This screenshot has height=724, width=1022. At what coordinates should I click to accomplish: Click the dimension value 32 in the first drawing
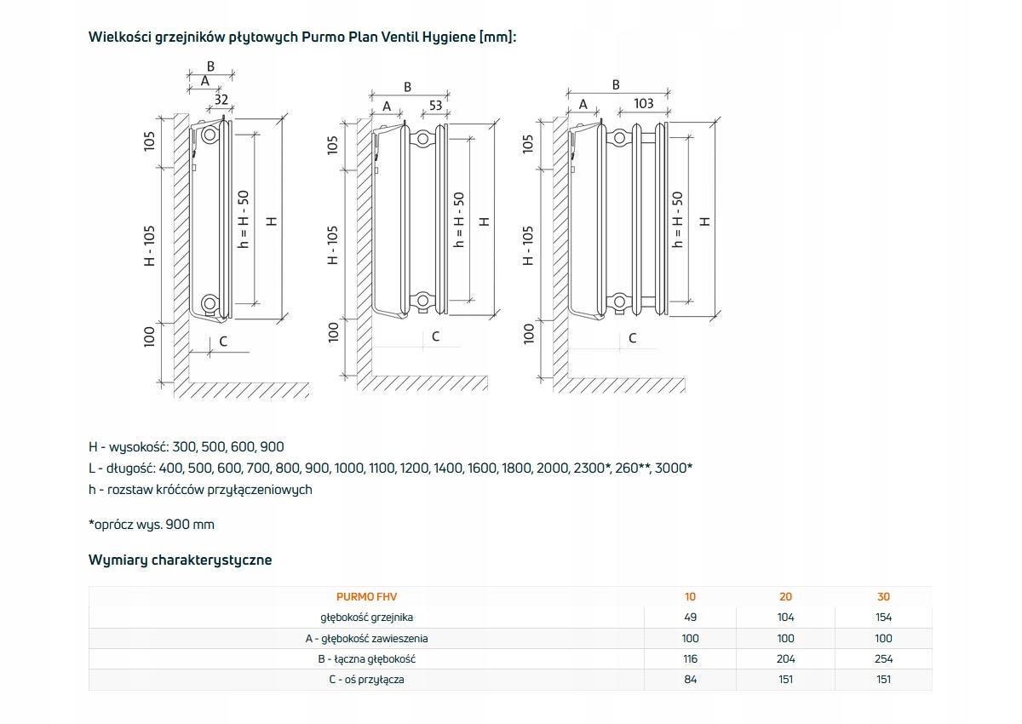tap(221, 100)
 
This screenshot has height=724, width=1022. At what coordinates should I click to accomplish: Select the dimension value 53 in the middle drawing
tap(435, 106)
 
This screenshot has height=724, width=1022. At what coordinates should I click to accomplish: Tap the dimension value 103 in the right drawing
tap(644, 103)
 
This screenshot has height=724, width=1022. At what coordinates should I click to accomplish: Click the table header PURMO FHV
tap(366, 597)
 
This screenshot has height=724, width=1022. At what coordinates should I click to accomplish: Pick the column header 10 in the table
tap(690, 597)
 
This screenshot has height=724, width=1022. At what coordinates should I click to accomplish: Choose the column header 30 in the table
tap(883, 597)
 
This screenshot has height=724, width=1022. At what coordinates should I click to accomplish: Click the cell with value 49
tap(690, 618)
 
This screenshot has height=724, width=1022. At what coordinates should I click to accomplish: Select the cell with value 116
tap(690, 659)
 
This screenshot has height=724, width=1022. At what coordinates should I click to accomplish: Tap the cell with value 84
tap(690, 680)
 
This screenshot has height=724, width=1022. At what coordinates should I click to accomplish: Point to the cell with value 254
tap(883, 659)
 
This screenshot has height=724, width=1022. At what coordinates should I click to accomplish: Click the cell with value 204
tap(785, 659)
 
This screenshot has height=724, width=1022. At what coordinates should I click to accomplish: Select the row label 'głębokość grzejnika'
tap(366, 618)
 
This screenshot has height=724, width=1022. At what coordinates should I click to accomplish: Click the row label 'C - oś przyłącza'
tap(366, 680)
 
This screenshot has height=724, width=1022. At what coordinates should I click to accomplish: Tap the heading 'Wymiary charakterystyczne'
tap(180, 560)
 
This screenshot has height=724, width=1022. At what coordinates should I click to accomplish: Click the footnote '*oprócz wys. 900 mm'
tap(152, 525)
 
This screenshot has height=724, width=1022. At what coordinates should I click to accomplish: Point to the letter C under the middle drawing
tap(435, 336)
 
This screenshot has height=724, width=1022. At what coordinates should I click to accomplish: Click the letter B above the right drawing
tap(616, 84)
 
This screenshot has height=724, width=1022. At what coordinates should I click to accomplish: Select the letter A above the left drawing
tap(204, 81)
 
